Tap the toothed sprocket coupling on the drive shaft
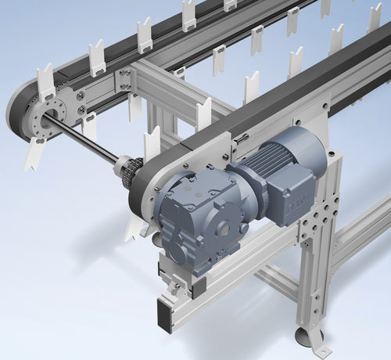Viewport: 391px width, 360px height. (x=128, y=171)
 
